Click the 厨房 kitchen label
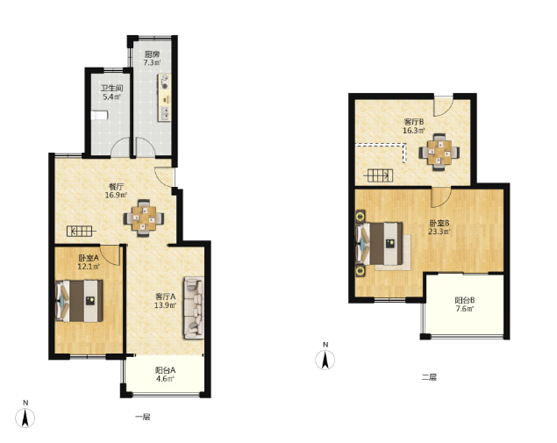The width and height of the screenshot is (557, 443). click(152, 54)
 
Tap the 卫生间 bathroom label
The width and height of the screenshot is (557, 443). click(111, 88)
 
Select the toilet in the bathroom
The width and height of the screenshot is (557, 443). click(99, 116)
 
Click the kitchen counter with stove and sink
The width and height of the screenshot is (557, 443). click(164, 97)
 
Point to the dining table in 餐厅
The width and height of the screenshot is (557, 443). click(144, 218)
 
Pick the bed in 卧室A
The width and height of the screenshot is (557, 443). click(79, 301)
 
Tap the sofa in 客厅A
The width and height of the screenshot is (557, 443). click(194, 308)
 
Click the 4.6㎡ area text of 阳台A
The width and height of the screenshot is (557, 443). click(165, 379)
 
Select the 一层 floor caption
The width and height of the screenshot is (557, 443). click(142, 417)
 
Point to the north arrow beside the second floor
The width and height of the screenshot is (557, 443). click(325, 356)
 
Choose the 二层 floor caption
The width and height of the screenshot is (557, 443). click(429, 377)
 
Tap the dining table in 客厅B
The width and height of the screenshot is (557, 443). click(439, 153)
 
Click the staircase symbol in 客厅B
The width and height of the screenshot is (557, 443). click(380, 175)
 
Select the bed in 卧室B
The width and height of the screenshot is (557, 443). click(379, 244)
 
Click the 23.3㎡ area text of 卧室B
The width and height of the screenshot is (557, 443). click(439, 232)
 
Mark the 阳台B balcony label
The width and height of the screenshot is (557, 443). click(465, 300)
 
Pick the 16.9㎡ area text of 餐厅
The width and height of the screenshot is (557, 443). click(116, 195)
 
